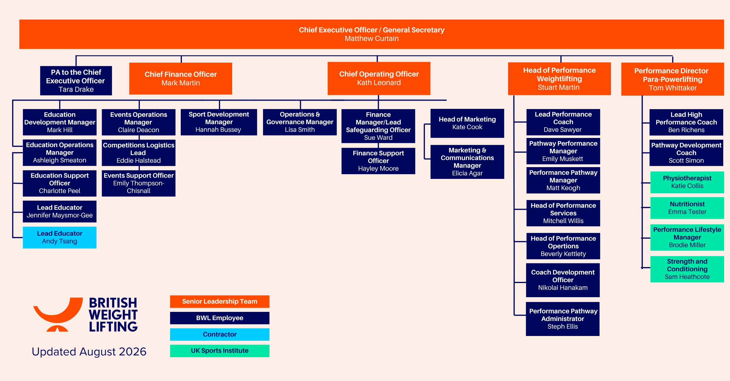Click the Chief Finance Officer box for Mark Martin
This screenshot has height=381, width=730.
[x=181, y=79]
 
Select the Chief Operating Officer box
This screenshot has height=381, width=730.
[x=379, y=78]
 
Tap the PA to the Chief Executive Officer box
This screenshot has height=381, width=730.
[x=76, y=81]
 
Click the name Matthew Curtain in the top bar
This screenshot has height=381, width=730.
[x=371, y=39]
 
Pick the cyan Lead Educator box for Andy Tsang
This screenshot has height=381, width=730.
[x=60, y=237]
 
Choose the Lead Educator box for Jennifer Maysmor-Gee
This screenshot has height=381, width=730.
[x=60, y=212]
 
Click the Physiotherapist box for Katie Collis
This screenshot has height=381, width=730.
[x=687, y=182]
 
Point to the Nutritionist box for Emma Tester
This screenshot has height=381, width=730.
[x=687, y=208]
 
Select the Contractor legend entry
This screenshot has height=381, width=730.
[x=220, y=335]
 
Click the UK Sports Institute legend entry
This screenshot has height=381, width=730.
[x=220, y=351]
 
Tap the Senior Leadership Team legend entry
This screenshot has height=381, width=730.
[x=220, y=302]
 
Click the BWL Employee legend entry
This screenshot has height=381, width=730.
[x=220, y=318]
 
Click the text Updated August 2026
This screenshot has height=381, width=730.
[x=89, y=352]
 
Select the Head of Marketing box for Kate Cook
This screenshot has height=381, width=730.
[x=467, y=123]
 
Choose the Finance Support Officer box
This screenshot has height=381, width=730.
[x=378, y=161]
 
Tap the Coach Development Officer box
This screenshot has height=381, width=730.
[x=563, y=280]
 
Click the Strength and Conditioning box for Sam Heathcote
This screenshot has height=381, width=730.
[x=687, y=269]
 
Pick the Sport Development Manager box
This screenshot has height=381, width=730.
[x=219, y=122]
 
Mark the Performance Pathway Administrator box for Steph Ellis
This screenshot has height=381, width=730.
[x=563, y=319]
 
